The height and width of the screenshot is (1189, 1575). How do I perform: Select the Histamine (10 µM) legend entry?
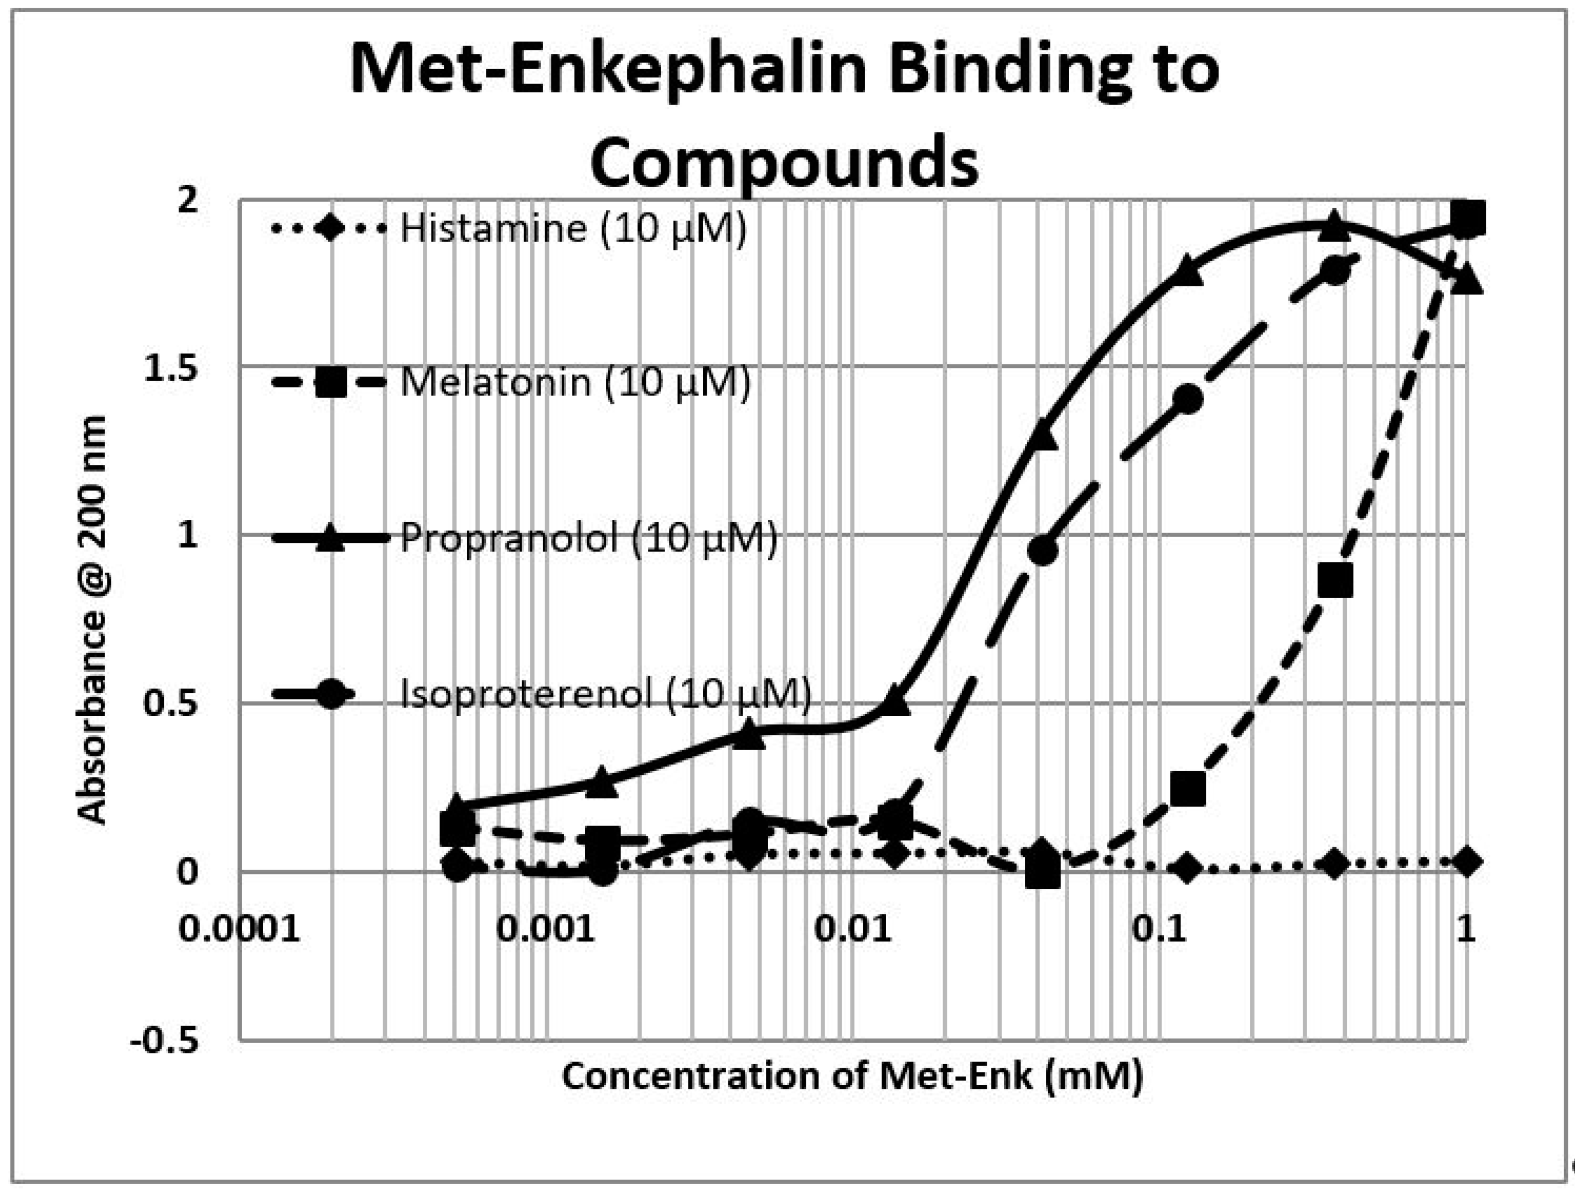573,229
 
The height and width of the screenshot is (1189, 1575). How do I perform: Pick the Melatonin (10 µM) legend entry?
576,383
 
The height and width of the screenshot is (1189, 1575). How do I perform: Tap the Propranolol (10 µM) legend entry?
589,537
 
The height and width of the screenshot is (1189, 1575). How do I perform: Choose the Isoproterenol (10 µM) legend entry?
605,693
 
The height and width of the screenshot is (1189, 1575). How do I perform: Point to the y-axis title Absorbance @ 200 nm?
92,620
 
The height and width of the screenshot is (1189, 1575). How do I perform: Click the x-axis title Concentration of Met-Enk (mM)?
852,1075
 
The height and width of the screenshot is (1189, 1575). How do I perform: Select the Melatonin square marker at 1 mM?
1467,219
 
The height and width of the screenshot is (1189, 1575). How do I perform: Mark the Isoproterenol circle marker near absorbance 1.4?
1187,400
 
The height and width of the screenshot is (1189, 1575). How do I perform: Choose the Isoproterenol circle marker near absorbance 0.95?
1043,550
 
